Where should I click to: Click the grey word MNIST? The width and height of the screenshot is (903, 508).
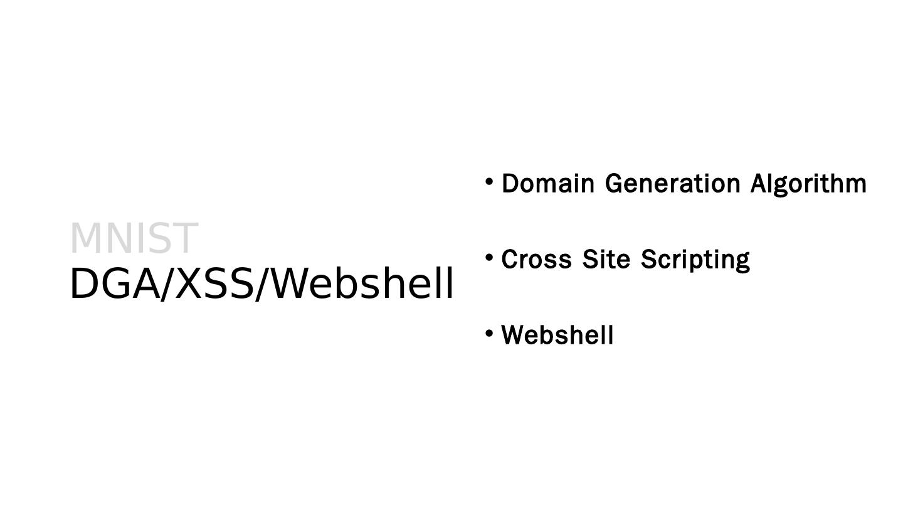pos(134,238)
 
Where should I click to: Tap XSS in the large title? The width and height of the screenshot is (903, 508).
pos(213,284)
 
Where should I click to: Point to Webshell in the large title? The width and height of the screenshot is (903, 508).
pos(363,284)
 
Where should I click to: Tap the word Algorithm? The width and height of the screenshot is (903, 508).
pos(808,184)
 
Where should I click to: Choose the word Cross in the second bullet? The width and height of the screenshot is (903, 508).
pos(536,259)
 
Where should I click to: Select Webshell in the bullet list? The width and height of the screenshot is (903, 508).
pos(557,335)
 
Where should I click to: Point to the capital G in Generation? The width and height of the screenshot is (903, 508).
pos(615,184)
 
